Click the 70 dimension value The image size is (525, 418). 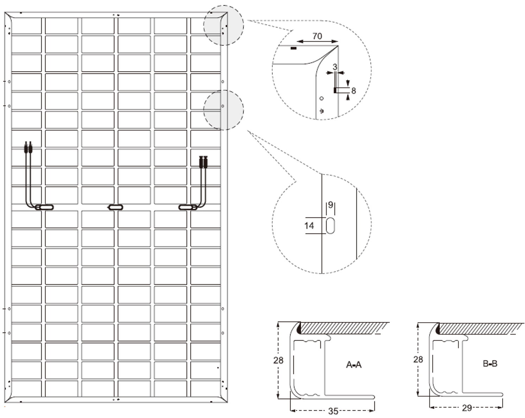point(317,36)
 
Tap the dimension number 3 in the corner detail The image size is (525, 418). point(335,66)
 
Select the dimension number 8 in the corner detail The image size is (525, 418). point(354,91)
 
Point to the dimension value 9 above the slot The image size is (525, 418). point(330,205)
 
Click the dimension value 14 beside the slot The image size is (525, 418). point(309,226)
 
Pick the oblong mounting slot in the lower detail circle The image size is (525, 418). point(330,226)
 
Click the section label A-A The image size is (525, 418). point(354,365)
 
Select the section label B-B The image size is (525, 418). point(490,364)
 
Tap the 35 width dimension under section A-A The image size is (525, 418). point(333,411)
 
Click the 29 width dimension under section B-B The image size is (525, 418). point(467,408)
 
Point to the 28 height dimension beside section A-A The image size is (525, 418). point(278,360)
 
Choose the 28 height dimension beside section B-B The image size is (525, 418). point(418,359)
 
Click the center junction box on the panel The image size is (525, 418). point(115,207)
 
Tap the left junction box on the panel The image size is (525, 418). point(44,207)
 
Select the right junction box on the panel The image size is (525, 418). point(188,207)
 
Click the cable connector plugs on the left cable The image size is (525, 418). point(28,147)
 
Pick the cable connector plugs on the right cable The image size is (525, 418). point(203,162)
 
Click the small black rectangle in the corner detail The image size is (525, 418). point(294,49)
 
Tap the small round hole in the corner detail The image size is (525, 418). point(322,98)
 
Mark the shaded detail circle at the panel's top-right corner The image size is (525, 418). point(223,25)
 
